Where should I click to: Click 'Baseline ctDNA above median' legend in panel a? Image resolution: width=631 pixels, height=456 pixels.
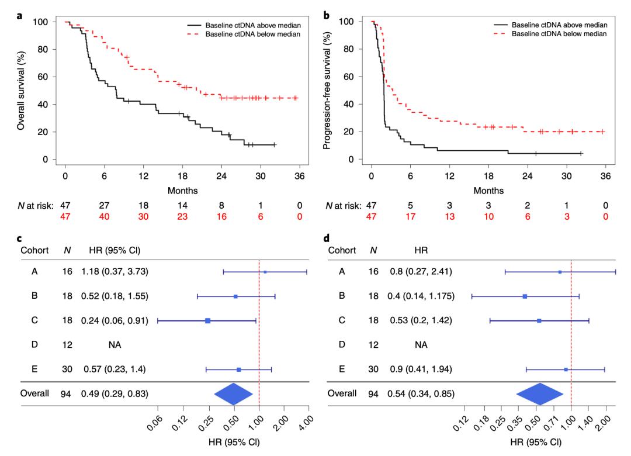[253, 25]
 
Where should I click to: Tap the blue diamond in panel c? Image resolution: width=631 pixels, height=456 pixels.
[233, 393]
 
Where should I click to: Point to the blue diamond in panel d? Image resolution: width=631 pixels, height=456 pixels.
[539, 393]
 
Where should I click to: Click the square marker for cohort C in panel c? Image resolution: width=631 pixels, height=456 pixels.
[207, 320]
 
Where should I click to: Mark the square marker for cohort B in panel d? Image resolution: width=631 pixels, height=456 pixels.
[525, 296]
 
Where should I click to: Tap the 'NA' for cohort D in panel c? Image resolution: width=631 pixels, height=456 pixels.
[115, 345]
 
